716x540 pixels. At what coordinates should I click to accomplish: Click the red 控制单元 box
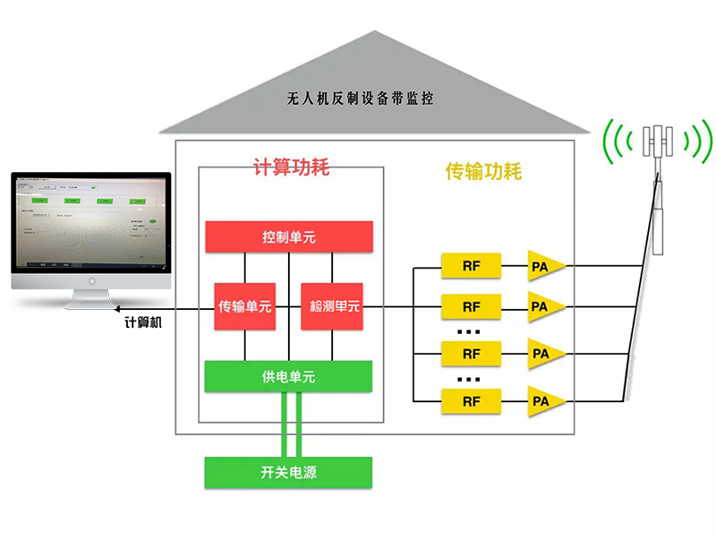coord(288,237)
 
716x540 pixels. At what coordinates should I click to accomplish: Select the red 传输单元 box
coord(244,306)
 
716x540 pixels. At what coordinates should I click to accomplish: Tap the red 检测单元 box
coord(334,306)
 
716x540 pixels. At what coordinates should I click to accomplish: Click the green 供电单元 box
coord(288,377)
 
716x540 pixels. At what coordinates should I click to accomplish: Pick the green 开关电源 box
coord(288,473)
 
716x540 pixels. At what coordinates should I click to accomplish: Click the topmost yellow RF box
coord(471,266)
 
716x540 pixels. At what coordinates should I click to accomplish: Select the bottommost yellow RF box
coord(471,400)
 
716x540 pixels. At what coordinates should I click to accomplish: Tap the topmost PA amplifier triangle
coord(543,266)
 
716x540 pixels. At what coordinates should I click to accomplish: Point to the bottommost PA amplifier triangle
coord(543,400)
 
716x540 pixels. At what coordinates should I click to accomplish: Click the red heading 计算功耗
coord(292,167)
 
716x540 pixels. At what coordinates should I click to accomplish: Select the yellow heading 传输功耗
coord(483,171)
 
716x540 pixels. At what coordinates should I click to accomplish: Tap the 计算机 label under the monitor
coord(143,321)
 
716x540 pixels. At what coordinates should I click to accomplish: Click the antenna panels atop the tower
coord(660,140)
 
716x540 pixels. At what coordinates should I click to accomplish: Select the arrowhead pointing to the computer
coord(124,307)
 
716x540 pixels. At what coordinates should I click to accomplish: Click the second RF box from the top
coord(471,307)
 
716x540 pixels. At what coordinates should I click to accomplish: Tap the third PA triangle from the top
coord(543,353)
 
